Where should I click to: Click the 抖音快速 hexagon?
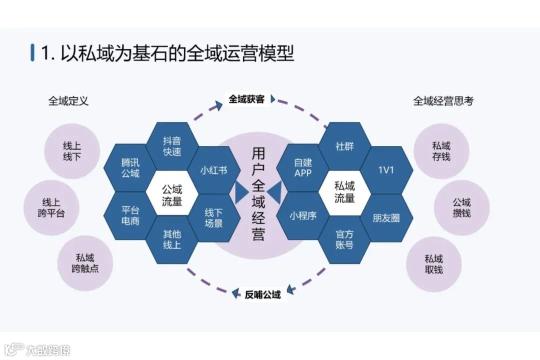click(172, 146)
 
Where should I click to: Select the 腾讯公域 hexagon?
click(130, 168)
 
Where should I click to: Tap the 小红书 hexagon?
click(213, 170)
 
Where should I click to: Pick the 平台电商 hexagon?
click(130, 215)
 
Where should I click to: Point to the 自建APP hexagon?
click(303, 168)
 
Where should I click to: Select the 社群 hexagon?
click(344, 146)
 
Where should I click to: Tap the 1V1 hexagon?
click(386, 170)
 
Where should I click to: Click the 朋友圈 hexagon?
click(386, 218)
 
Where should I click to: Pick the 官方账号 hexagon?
click(344, 239)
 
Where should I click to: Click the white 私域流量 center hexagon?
click(344, 192)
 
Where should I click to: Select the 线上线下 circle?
click(72, 151)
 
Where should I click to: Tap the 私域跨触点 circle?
click(85, 263)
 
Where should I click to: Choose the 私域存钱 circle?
click(441, 151)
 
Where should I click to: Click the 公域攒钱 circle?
click(461, 207)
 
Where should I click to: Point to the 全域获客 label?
click(246, 99)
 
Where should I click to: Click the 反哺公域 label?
click(262, 294)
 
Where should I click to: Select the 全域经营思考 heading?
click(443, 101)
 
